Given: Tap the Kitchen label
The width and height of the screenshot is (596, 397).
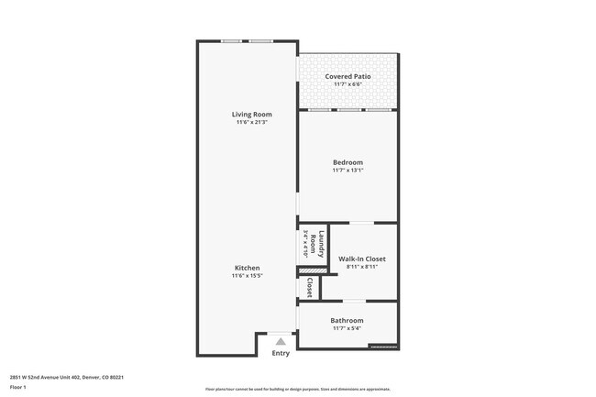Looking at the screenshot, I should point(247,268).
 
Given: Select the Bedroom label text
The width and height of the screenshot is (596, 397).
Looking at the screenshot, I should point(348,162).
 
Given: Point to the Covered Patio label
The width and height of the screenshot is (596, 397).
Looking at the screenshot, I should point(348,76).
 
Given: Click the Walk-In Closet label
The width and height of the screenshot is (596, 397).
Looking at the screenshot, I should point(362,259).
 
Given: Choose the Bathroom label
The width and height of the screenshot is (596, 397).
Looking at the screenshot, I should point(348,320).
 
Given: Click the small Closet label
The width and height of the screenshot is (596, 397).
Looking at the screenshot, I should point(311,288).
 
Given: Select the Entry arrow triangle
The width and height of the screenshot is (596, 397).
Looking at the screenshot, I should point(281,341).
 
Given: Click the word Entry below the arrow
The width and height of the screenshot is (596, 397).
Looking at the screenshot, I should point(281,353).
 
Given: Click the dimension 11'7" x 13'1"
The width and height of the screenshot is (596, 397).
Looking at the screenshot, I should point(348,170).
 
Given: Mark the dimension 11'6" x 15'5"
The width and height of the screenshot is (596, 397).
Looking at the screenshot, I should point(247,275).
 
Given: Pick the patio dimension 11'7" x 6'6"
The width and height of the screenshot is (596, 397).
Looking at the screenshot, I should point(348,83).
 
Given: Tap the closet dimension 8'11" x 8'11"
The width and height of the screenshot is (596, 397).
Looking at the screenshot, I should point(362,266).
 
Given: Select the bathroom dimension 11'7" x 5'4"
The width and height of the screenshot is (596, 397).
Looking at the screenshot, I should point(348,327).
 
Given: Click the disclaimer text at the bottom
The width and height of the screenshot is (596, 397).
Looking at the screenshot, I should point(297,389).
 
